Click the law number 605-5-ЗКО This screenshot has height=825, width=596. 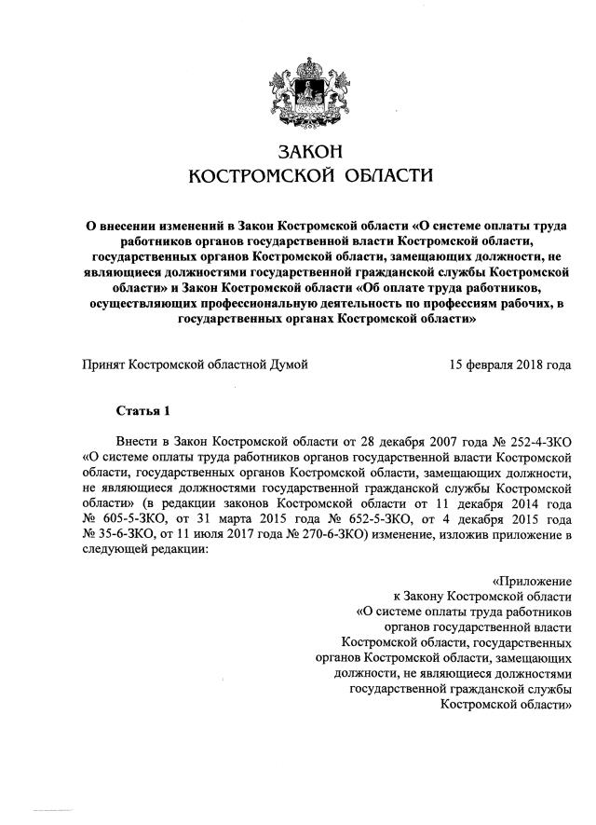(x=131, y=516)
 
